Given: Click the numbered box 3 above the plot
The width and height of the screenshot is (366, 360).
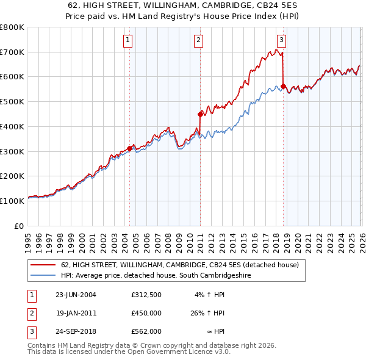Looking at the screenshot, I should pyautogui.click(x=281, y=41).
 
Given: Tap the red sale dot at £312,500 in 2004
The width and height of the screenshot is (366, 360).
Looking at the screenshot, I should pyautogui.click(x=129, y=148).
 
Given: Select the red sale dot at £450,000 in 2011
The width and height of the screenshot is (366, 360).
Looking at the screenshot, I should pyautogui.click(x=200, y=113).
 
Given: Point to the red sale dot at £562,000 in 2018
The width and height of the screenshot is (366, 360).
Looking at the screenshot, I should pyautogui.click(x=284, y=86).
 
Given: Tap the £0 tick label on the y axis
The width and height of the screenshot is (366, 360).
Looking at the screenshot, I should pyautogui.click(x=19, y=226).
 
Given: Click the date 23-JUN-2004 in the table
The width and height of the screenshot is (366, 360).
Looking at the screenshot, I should pyautogui.click(x=76, y=295).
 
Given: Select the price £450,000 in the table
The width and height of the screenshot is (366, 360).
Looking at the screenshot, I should pyautogui.click(x=146, y=313).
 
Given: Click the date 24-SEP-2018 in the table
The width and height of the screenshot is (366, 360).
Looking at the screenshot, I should pyautogui.click(x=76, y=331).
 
